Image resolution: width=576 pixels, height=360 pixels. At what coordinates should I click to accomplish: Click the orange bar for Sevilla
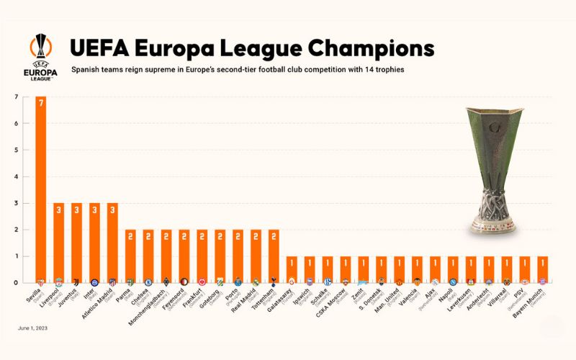click(x=40, y=187)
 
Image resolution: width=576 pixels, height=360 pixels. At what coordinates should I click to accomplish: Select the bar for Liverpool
click(x=58, y=241)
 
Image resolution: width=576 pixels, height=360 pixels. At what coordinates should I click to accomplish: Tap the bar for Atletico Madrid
click(x=112, y=241)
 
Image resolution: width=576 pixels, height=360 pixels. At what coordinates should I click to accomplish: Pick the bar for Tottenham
click(x=274, y=255)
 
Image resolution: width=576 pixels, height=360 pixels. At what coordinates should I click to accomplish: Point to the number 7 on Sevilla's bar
click(x=40, y=103)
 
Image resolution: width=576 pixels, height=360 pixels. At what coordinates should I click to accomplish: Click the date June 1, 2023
click(x=32, y=328)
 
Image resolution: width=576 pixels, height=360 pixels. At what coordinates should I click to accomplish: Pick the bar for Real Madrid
click(x=256, y=255)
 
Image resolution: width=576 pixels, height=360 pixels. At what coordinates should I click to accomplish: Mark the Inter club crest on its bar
click(x=94, y=282)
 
